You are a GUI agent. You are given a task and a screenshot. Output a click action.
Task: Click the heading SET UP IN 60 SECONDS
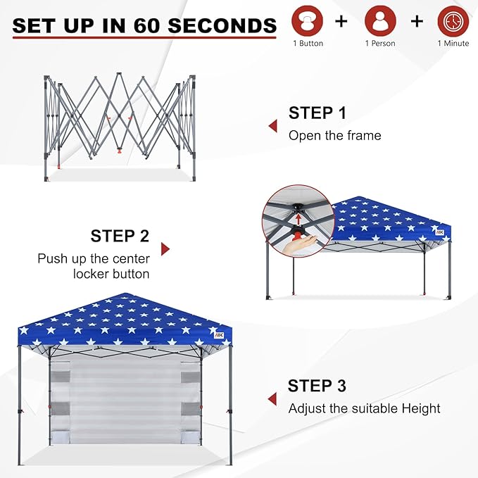point(144,26)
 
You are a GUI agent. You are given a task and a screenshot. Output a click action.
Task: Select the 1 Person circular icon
point(380,21)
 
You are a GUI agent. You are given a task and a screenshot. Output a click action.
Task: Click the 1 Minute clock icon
point(453,21)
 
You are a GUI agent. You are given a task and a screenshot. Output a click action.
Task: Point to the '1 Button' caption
point(308,44)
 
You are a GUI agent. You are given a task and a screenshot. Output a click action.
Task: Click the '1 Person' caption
point(380,44)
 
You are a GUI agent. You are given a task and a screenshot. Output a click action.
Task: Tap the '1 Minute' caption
point(453,44)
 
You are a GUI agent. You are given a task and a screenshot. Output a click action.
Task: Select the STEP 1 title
point(317,113)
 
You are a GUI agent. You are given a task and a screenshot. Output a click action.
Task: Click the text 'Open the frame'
point(334,135)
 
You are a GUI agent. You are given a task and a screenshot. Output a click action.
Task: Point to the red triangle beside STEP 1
point(272,126)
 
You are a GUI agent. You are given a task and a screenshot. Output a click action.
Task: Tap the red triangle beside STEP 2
point(165,249)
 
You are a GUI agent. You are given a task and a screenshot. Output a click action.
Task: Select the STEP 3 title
point(317,386)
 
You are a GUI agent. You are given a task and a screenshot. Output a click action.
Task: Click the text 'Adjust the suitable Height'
point(364,408)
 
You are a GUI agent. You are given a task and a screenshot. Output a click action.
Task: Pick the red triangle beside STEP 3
point(272,399)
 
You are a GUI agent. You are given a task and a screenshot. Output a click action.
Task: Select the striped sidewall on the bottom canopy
point(125,401)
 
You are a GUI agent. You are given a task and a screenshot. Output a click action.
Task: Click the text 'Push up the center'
point(94,258)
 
